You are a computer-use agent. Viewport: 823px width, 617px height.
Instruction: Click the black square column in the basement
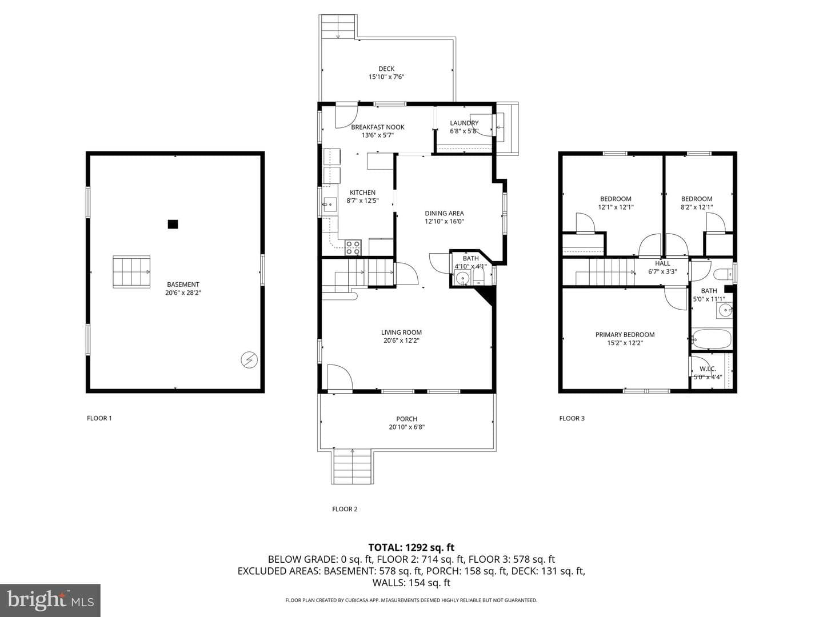(x=173, y=224)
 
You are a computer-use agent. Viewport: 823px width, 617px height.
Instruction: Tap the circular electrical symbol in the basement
(x=249, y=359)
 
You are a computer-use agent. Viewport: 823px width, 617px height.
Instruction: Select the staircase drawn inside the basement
(x=131, y=272)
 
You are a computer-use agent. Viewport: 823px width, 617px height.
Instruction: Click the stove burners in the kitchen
(x=353, y=247)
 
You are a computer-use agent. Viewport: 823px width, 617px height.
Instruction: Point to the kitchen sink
(x=330, y=205)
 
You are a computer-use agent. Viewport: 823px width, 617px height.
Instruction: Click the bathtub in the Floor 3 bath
(x=712, y=339)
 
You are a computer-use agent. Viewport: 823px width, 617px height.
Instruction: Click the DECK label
(x=386, y=69)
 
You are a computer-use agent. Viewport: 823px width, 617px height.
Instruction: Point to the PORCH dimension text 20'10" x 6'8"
(x=406, y=427)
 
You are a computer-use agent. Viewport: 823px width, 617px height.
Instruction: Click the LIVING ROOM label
(x=401, y=332)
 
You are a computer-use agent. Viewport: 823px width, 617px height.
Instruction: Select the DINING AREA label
(x=444, y=213)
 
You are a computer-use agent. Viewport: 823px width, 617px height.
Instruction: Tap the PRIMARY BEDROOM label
(x=625, y=335)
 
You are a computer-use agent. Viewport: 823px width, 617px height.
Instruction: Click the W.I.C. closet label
(x=708, y=369)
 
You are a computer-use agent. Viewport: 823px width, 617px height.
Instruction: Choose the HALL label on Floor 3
(x=662, y=263)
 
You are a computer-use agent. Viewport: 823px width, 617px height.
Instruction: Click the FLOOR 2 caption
(x=345, y=508)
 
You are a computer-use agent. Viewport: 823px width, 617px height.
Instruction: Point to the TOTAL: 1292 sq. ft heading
(x=411, y=547)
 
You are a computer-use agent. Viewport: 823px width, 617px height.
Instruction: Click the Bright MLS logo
(x=50, y=600)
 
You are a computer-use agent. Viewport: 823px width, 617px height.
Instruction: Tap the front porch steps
(x=352, y=467)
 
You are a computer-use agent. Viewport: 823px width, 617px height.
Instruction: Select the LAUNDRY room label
(x=464, y=123)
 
